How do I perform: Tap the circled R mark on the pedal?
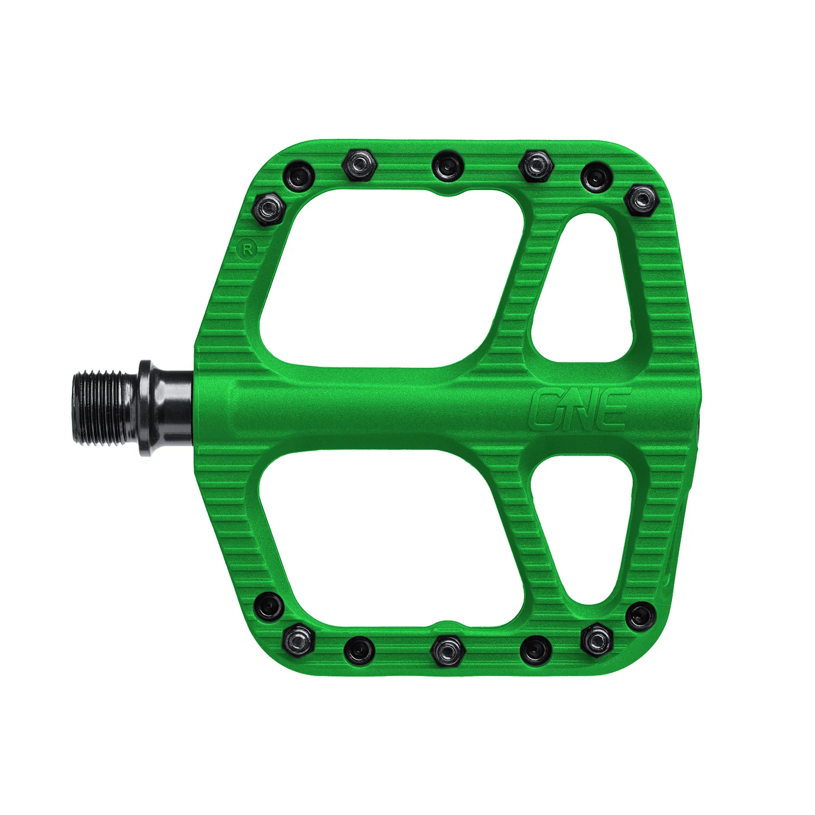tap(248, 250)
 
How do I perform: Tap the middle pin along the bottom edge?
tap(448, 650)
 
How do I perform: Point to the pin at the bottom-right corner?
tap(640, 615)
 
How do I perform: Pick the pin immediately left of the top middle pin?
tap(359, 165)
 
